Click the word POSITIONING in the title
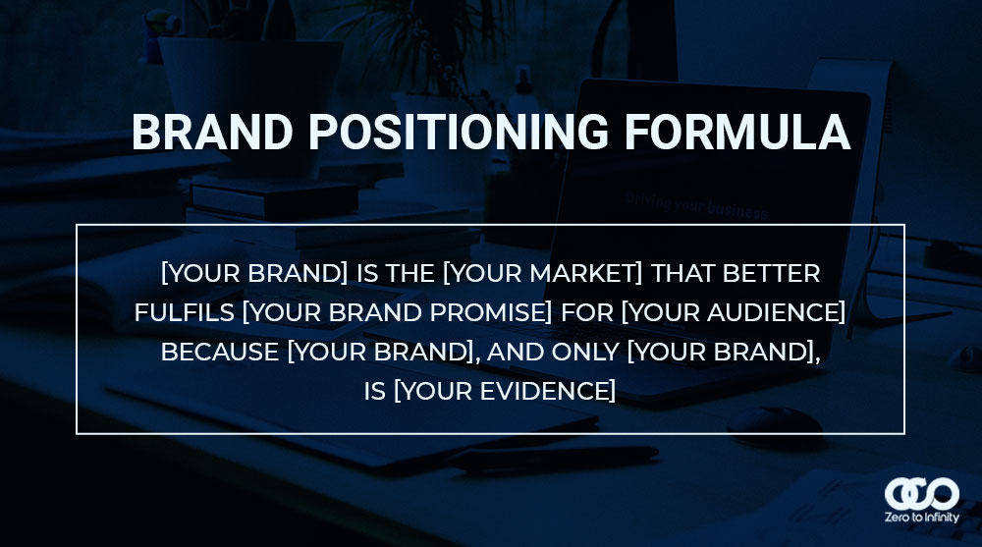[x=459, y=133]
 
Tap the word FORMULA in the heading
[x=737, y=133]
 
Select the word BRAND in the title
[x=212, y=133]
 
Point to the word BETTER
[x=771, y=273]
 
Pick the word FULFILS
[x=185, y=312]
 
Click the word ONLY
[x=585, y=353]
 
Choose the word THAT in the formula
[x=682, y=273]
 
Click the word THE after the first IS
[x=409, y=273]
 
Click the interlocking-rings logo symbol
[x=921, y=494]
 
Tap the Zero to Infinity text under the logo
[x=921, y=518]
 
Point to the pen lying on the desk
[x=551, y=458]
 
